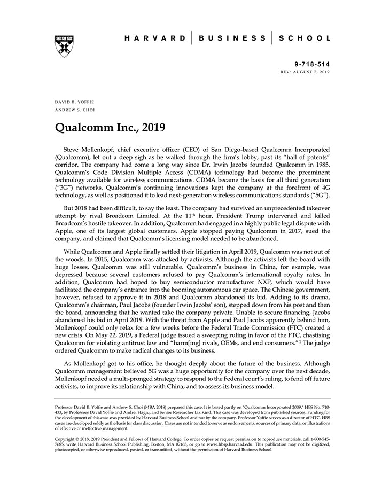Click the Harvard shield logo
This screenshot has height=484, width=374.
64,46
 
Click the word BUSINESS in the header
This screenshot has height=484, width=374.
232,38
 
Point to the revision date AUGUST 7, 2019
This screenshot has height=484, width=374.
311,72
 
